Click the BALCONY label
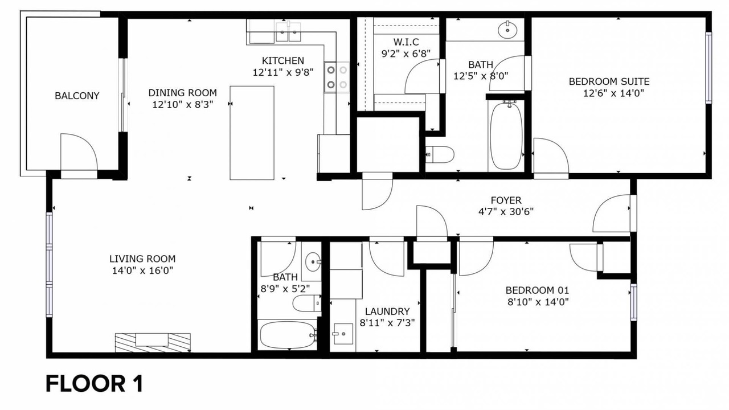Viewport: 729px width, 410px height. pos(77,96)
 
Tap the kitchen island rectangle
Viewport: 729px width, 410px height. pos(252,133)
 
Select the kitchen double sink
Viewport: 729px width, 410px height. pos(288,31)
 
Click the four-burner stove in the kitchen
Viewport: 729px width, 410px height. pos(337,77)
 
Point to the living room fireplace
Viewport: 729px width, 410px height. pos(153,342)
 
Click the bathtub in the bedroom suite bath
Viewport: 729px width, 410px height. pos(506,136)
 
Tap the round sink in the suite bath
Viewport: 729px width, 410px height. pos(507,30)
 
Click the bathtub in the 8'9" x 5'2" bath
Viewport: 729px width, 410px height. pos(287,335)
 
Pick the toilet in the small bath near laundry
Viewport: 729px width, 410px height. pos(306,304)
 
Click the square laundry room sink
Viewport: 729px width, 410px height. pos(343,334)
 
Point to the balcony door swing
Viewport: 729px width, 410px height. pos(79,151)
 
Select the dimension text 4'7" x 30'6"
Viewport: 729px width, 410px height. pos(506,212)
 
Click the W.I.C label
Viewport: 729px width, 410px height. pos(406,42)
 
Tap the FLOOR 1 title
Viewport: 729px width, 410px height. pos(95,384)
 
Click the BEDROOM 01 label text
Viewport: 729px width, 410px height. pos(537,290)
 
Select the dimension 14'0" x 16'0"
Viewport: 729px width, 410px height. pos(142,270)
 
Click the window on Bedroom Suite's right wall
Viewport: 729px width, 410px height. pos(708,68)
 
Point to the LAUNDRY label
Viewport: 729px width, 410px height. pos(387,311)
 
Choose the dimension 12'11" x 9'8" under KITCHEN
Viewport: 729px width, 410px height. pos(283,72)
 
